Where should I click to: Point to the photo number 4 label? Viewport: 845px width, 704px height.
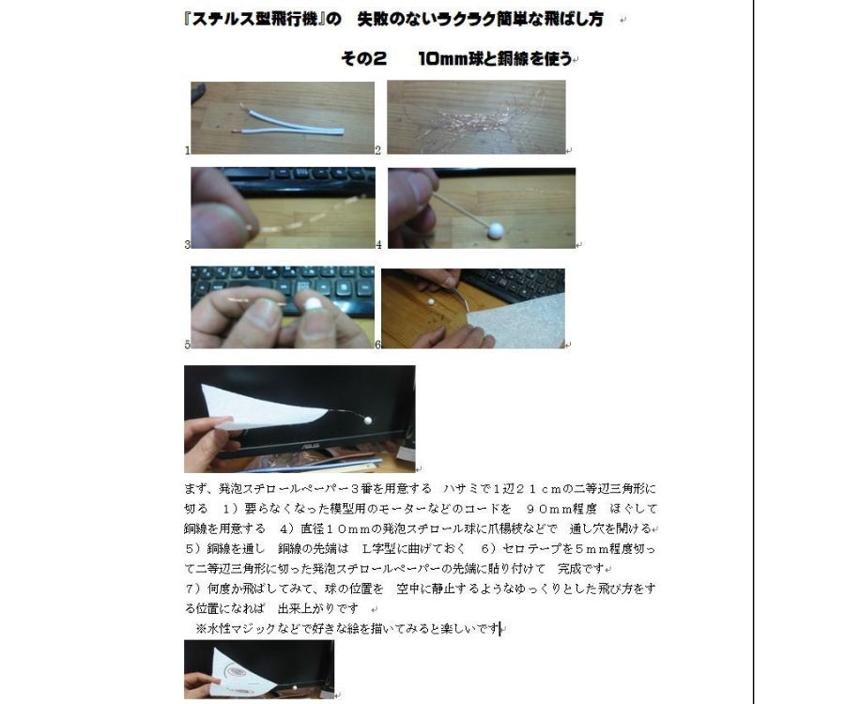[x=378, y=245]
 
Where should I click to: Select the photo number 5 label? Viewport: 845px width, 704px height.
[x=188, y=344]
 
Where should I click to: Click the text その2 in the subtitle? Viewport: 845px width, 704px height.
[x=363, y=58]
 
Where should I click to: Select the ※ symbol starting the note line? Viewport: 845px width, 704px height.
[x=200, y=629]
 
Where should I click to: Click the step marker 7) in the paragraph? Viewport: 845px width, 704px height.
[x=195, y=589]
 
